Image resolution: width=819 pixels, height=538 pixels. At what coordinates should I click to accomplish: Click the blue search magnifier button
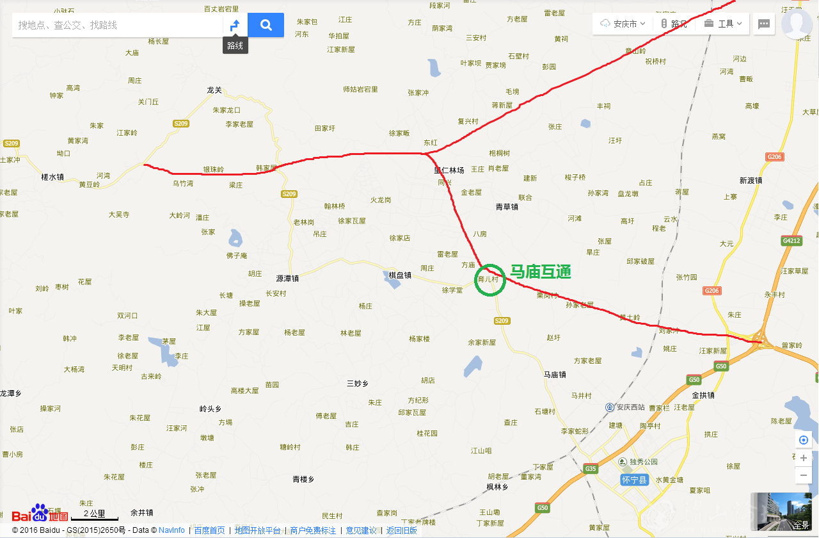266,25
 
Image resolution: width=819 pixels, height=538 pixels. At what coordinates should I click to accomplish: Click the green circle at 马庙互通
490,280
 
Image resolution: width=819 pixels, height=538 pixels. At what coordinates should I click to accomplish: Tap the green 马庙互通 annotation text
540,272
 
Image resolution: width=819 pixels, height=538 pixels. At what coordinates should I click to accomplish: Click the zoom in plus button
804,458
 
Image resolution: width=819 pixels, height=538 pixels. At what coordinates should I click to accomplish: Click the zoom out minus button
804,475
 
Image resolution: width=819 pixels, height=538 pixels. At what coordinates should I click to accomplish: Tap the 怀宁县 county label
635,480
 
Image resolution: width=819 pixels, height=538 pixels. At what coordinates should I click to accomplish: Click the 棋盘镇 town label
400,275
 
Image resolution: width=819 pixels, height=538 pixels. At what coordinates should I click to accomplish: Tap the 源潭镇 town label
287,279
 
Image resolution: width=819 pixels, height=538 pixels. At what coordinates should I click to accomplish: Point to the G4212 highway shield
791,241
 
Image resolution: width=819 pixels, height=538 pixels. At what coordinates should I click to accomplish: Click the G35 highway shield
590,469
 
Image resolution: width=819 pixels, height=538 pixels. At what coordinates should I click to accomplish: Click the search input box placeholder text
68,25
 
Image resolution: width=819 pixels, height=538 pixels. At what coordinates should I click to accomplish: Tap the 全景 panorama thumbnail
784,511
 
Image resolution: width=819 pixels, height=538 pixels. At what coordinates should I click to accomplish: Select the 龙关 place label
214,90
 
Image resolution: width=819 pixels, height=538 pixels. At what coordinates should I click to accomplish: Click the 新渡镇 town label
751,181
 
